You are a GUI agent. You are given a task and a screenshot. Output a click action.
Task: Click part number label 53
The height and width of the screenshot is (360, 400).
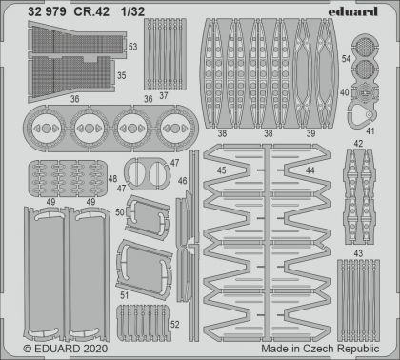[x=132, y=46]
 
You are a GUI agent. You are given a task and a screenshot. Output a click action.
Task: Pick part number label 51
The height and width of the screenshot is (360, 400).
[x=125, y=297]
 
